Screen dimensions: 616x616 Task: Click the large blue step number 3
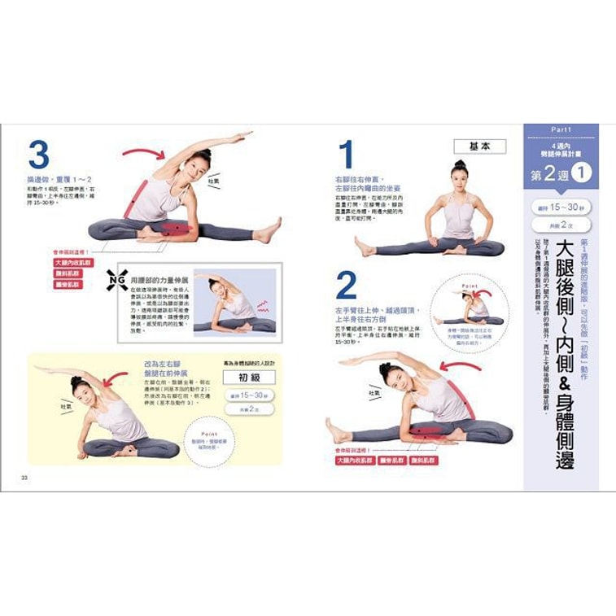[x=38, y=155]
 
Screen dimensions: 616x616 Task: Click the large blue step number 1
[x=346, y=155]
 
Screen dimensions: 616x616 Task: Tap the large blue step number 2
[x=347, y=286]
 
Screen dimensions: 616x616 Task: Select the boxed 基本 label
[x=479, y=146]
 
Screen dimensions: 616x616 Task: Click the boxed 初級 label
[x=248, y=377]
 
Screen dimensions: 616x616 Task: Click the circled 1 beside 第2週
[x=580, y=174]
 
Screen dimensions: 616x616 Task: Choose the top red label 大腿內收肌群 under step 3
[x=73, y=263]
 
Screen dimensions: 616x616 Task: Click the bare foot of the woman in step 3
[x=270, y=230]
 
